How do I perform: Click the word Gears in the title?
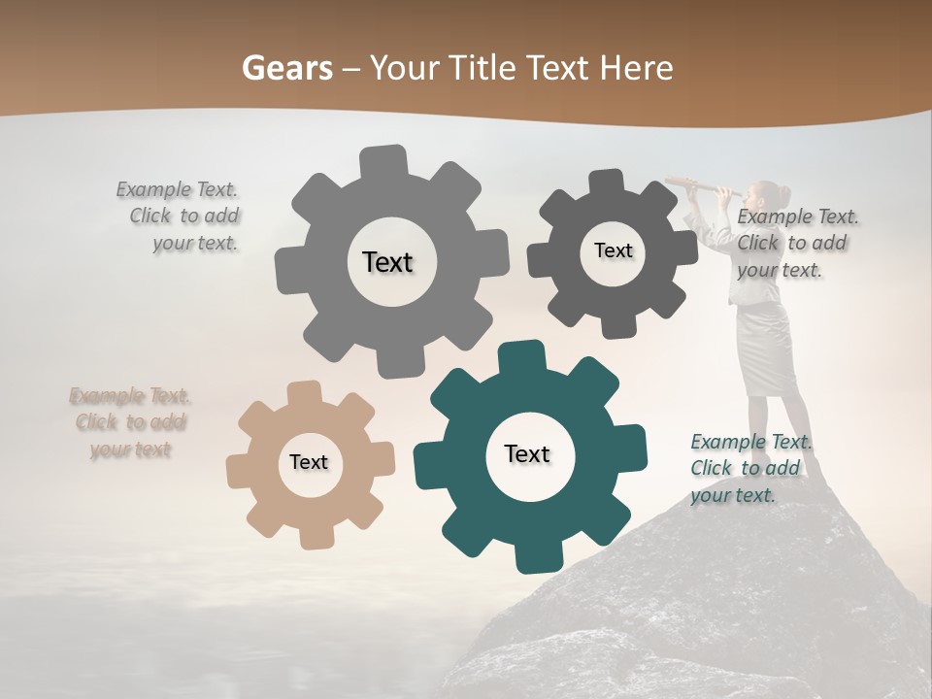pos(286,68)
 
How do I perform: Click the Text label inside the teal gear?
pos(527,454)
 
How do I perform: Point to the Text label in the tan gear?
pos(309,462)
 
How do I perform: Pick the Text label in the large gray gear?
pos(388,262)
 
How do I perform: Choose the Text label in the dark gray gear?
pos(614,250)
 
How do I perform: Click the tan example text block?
pos(130,422)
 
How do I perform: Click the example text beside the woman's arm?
pos(796,243)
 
